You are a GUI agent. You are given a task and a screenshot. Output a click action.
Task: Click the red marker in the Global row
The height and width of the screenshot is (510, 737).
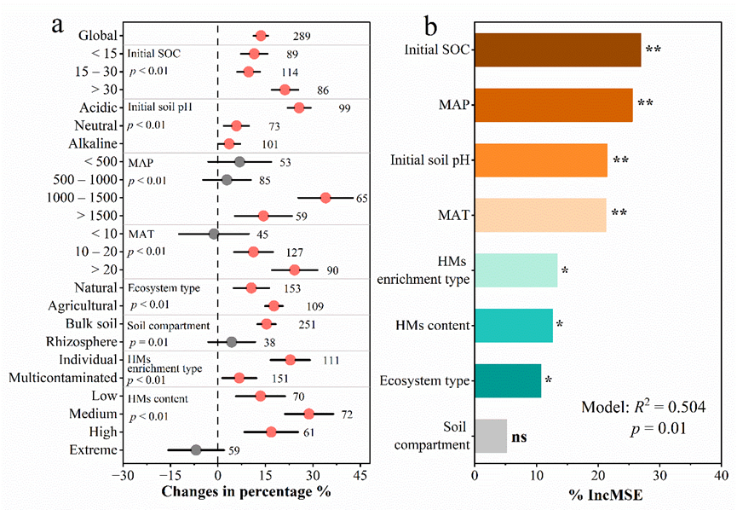261,36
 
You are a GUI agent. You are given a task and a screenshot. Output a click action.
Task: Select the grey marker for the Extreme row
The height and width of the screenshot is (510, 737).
196,449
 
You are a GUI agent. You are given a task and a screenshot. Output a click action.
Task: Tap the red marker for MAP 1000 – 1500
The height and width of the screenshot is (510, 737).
325,198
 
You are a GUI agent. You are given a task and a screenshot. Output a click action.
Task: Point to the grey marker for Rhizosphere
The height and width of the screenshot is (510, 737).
232,342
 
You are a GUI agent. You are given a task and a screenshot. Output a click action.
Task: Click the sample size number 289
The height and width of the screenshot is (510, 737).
299,37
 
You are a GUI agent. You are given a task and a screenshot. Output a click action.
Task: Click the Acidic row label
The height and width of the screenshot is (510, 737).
98,107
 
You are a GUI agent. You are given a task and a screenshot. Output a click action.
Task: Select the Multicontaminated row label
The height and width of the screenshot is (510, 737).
64,378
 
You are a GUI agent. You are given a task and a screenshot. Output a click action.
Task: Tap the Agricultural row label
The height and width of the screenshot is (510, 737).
83,305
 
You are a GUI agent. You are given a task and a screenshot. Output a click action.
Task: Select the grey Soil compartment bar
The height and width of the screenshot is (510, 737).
490,435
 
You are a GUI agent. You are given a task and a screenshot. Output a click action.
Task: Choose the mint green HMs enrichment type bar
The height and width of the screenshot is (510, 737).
515,270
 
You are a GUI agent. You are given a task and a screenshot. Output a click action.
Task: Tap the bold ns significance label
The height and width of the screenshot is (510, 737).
520,437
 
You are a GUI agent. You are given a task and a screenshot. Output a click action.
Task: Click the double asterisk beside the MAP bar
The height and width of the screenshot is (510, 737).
645,104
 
